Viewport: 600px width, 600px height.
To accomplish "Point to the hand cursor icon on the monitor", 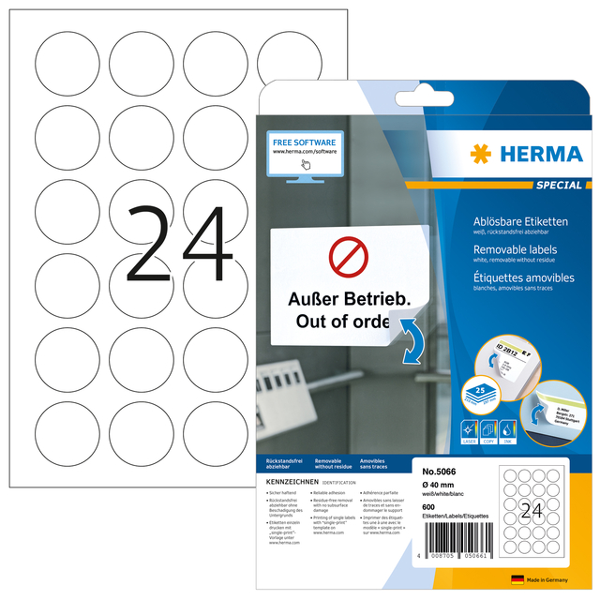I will click(305, 164).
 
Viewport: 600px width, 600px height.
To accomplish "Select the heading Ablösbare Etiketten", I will click(521, 221).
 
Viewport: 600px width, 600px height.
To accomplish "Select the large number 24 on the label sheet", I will click(177, 246).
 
